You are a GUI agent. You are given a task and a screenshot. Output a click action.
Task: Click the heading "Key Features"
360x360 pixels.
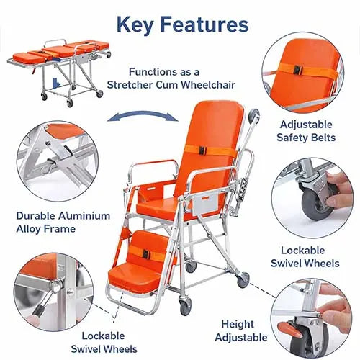(182, 25)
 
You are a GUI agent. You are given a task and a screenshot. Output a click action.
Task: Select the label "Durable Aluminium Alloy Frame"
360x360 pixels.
(63, 221)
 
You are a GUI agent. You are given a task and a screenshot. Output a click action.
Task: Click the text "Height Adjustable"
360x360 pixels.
(238, 330)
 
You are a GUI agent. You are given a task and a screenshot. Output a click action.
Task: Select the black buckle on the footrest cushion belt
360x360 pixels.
(145, 254)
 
